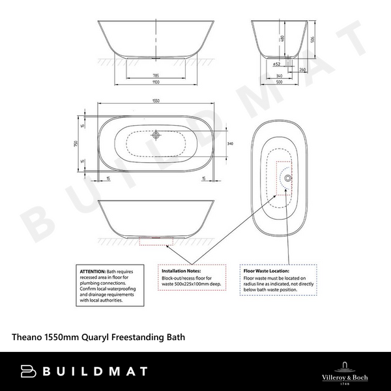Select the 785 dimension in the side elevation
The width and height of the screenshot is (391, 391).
(156, 76)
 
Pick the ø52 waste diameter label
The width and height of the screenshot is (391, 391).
(276, 65)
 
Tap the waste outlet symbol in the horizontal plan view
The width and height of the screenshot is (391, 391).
(156, 136)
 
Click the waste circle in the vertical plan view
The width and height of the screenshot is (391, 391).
(288, 177)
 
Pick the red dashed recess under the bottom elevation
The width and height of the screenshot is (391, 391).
(156, 240)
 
